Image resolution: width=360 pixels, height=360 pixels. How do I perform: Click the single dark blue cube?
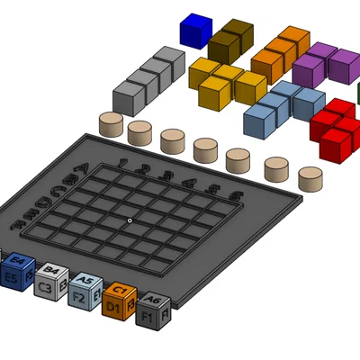click(194, 30)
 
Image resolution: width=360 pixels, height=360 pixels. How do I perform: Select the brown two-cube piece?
click(231, 40)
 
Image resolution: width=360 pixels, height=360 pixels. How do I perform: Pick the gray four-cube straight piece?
click(148, 78)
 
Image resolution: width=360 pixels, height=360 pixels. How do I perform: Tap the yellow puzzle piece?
click(225, 83)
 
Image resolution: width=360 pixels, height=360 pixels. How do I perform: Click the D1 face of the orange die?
click(113, 308)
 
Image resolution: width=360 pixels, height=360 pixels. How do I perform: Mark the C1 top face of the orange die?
click(119, 290)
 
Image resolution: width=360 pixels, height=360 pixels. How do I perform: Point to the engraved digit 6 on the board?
click(236, 194)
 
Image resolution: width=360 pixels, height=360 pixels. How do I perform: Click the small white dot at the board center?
click(130, 220)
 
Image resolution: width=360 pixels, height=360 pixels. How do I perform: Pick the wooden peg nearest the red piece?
click(310, 177)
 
